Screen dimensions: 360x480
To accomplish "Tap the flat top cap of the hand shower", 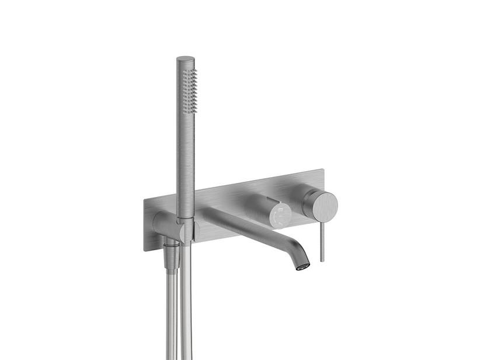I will [186, 59].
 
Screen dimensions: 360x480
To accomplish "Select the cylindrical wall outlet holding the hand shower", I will [164, 224].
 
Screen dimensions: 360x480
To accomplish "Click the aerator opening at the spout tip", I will [302, 265].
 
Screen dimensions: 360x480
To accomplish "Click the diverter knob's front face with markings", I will [281, 214].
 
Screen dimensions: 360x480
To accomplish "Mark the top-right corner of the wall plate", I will [323, 170].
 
